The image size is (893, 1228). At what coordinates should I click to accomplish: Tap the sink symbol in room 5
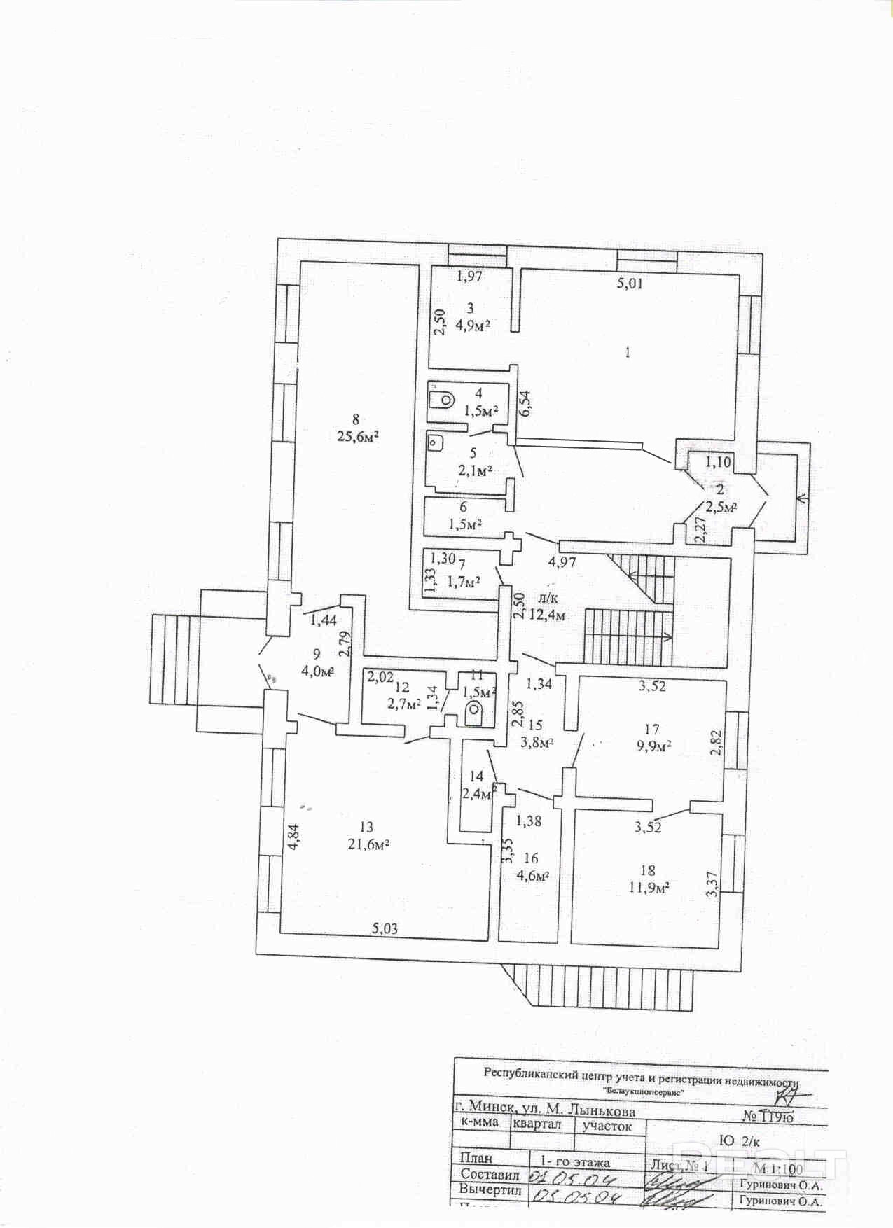coord(435,442)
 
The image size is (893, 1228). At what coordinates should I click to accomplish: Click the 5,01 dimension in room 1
coord(629,284)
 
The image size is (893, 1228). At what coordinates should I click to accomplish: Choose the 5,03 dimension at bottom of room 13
coord(385,928)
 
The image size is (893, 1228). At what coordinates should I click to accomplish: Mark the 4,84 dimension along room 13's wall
coord(294,837)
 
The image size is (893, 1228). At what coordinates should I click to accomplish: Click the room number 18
coord(648,870)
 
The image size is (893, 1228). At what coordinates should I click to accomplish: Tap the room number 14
coord(476,776)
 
